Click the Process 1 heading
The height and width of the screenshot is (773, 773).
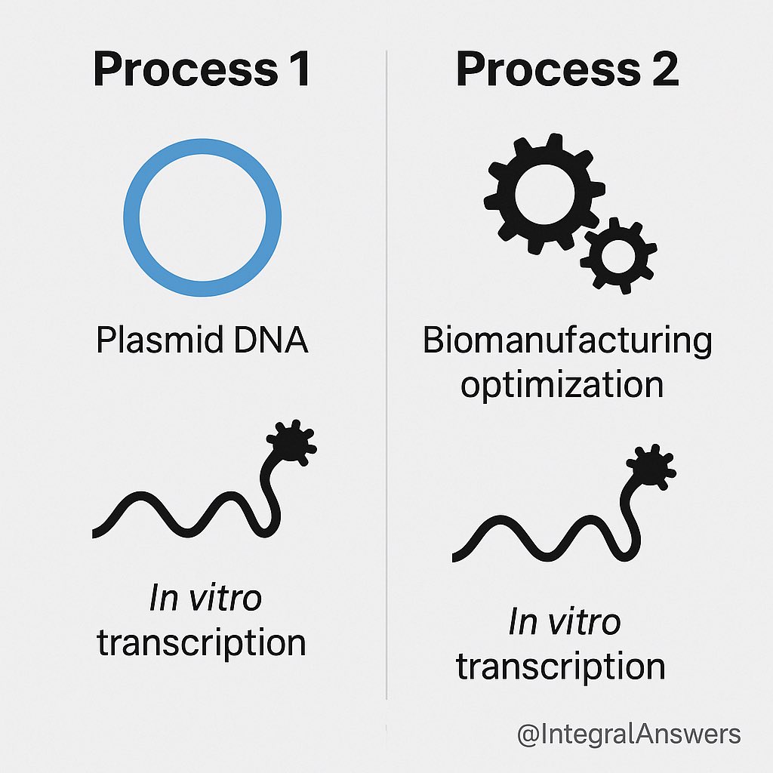202,69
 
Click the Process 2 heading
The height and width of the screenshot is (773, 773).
567,69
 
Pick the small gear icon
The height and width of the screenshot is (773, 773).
618,254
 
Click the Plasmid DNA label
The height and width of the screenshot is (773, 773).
202,341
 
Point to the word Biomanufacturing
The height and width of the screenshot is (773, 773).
567,341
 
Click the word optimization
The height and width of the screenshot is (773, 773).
562,386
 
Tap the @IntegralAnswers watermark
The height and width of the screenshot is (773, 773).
629,734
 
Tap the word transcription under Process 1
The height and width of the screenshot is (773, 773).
202,643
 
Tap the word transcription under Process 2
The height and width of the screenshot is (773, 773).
561,667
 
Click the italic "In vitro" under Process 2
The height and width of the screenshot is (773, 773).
564,624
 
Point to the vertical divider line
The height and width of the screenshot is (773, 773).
386,377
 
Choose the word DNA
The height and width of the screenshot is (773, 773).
268,341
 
